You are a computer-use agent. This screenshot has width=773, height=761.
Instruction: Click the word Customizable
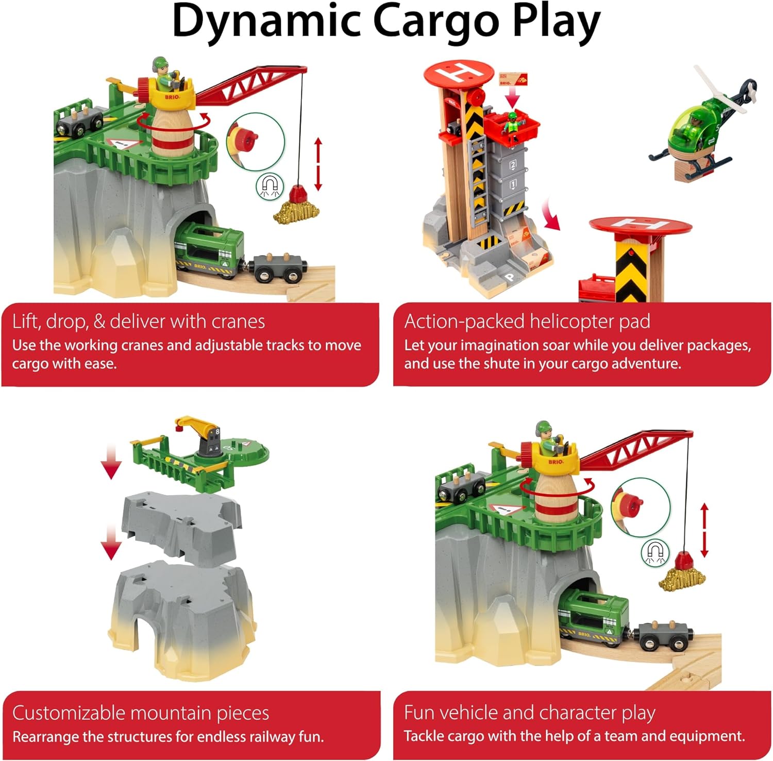(x=69, y=713)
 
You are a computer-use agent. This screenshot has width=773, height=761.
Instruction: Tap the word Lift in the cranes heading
(x=26, y=322)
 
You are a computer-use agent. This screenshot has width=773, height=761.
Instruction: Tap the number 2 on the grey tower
(x=513, y=165)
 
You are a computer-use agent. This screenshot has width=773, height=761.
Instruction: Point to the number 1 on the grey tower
(x=513, y=184)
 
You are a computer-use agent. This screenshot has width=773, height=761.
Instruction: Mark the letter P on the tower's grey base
(x=510, y=278)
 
